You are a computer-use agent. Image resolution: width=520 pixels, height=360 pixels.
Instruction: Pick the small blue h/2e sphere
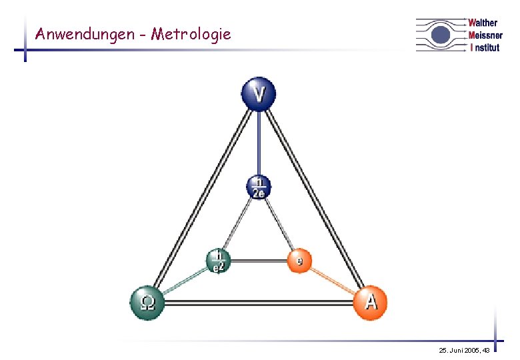[259, 187]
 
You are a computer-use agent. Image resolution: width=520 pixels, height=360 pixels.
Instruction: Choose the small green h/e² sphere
[217, 261]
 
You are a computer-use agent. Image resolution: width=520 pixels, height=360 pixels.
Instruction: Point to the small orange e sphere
[300, 261]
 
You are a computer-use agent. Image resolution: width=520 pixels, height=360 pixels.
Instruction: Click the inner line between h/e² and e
[258, 261]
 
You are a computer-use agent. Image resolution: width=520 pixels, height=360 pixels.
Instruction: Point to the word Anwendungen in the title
[84, 33]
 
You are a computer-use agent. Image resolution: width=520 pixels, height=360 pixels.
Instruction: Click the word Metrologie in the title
[191, 33]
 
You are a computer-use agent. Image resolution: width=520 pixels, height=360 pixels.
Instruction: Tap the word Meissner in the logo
[485, 35]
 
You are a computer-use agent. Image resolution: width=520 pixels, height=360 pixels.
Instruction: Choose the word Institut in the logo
[485, 47]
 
